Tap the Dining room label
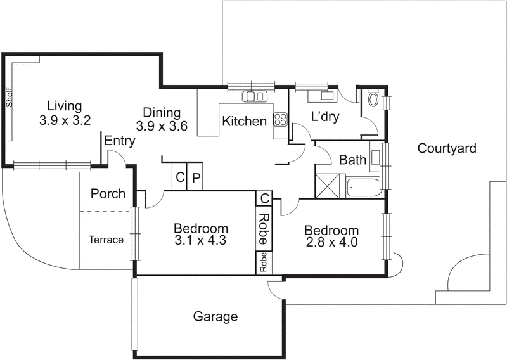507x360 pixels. tap(161, 112)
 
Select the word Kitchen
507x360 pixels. tap(244, 121)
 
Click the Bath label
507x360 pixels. tap(352, 160)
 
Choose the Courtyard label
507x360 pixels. tap(447, 148)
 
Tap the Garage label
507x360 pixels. tap(215, 316)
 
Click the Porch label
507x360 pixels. tap(108, 193)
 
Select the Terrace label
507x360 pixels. tap(106, 240)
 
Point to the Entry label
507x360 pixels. tap(119, 141)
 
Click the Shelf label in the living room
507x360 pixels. tap(9, 98)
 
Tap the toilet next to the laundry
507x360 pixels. tap(373, 100)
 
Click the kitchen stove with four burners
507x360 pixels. tap(280, 119)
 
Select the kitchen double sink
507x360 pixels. tap(255, 96)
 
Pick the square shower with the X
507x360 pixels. tap(330, 186)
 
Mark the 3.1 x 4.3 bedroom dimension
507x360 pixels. tap(200, 241)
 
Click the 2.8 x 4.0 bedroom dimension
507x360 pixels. tap(331, 242)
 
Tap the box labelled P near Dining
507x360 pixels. tap(196, 178)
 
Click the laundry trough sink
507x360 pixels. tap(327, 96)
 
